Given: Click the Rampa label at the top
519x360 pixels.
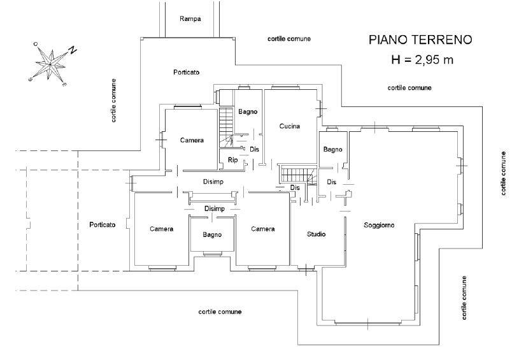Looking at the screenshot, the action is (190, 19).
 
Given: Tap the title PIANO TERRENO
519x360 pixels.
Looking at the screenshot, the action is (420, 40).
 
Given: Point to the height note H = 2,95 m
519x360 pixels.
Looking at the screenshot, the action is (422, 60).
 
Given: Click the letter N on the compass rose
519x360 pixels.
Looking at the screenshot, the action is (73, 50).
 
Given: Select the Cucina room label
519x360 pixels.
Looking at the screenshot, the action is (290, 126).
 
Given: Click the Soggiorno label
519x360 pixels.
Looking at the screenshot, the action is (379, 226).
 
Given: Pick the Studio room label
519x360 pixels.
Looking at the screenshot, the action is (316, 234).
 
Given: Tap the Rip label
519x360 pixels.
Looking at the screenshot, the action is (232, 161).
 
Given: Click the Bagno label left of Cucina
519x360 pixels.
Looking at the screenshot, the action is (248, 112).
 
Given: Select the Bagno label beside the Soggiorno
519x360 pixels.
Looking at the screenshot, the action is (332, 150).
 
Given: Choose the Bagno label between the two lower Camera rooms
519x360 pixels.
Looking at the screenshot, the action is (212, 235).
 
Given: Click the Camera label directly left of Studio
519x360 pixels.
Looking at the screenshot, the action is (263, 229).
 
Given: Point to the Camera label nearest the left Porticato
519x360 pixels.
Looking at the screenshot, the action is (162, 229).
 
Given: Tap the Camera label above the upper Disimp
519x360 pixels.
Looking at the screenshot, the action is (192, 140).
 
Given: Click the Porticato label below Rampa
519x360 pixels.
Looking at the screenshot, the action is (187, 72).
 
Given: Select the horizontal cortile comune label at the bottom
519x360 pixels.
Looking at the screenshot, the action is (220, 312).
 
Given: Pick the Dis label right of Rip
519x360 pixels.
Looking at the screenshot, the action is (254, 149).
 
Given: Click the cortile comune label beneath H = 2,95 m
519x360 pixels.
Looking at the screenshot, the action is (409, 88).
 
